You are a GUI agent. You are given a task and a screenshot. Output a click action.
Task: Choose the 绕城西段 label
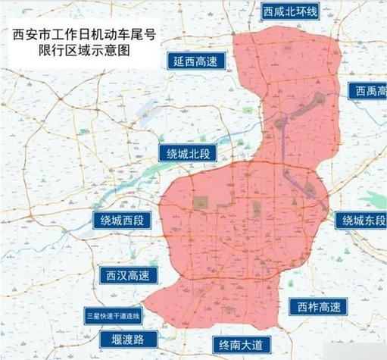click(127, 221)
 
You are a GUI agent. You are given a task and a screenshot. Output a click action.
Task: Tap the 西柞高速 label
click(319, 307)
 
